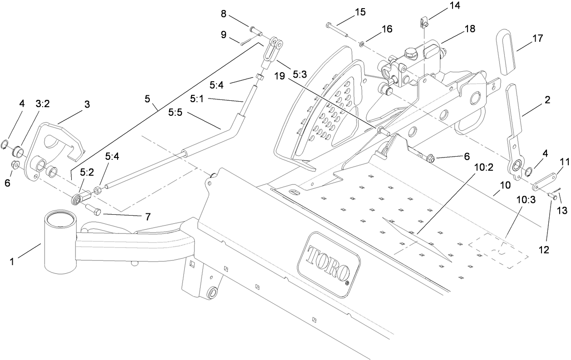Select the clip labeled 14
point(423,21)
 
